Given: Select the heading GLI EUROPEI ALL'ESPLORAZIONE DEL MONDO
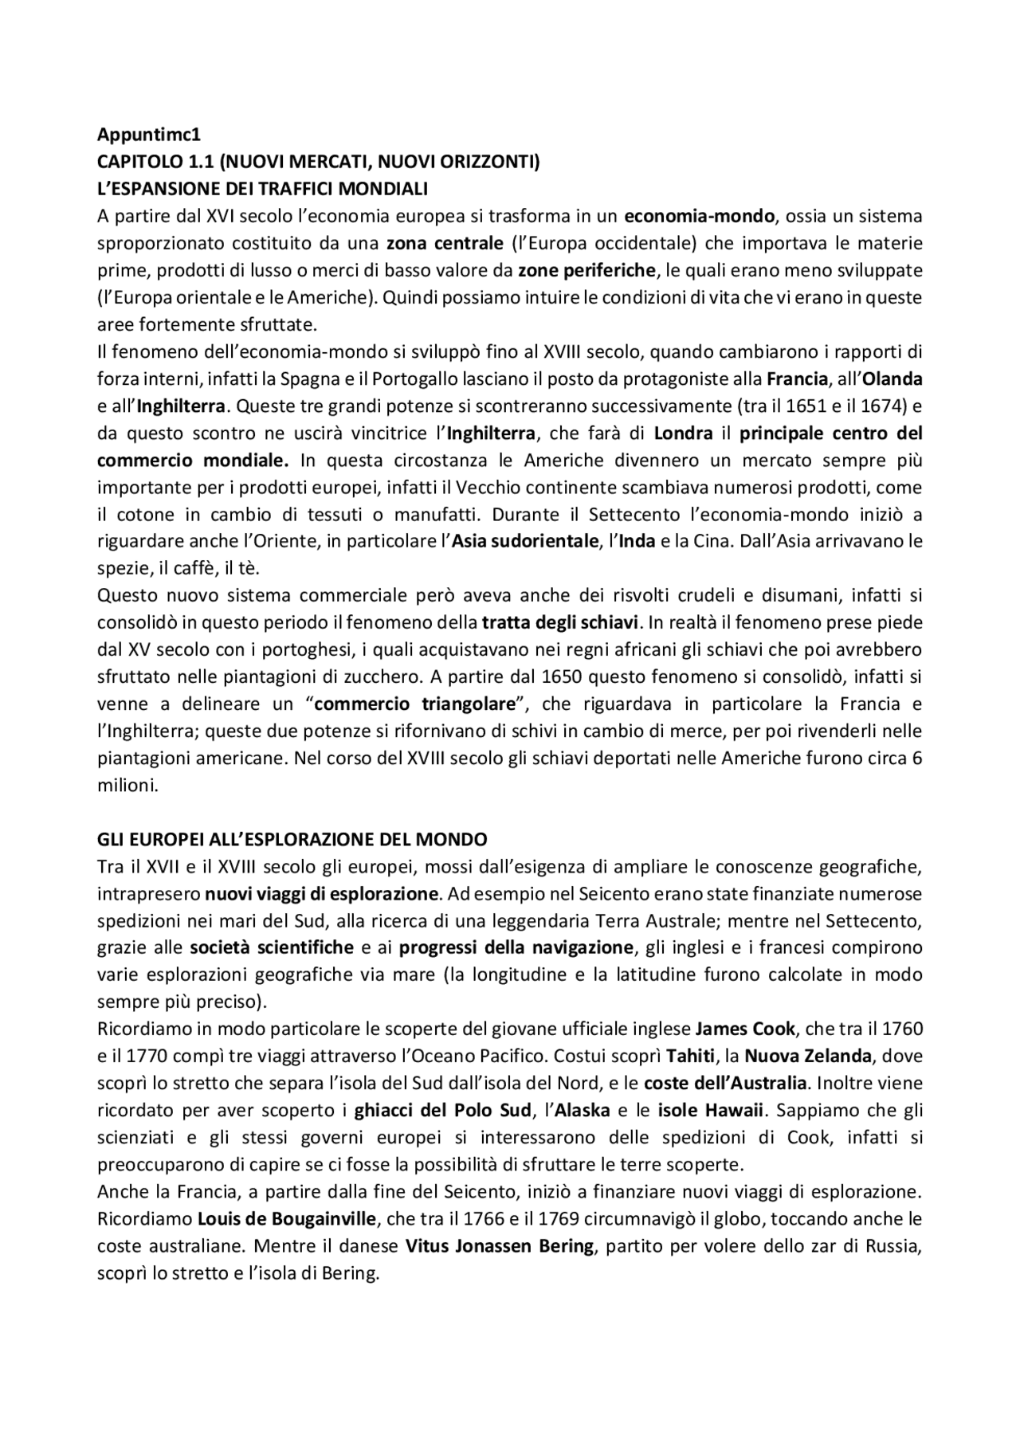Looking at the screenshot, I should pyautogui.click(x=292, y=840).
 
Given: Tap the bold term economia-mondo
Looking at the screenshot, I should pyautogui.click(x=699, y=216).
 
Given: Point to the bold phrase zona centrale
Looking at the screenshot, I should pyautogui.click(x=445, y=243).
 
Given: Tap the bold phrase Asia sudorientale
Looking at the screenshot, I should pyautogui.click(x=525, y=542).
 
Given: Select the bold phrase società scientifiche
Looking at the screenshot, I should pyautogui.click(x=271, y=948).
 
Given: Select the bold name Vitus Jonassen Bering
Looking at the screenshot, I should pyautogui.click(x=500, y=1247).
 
